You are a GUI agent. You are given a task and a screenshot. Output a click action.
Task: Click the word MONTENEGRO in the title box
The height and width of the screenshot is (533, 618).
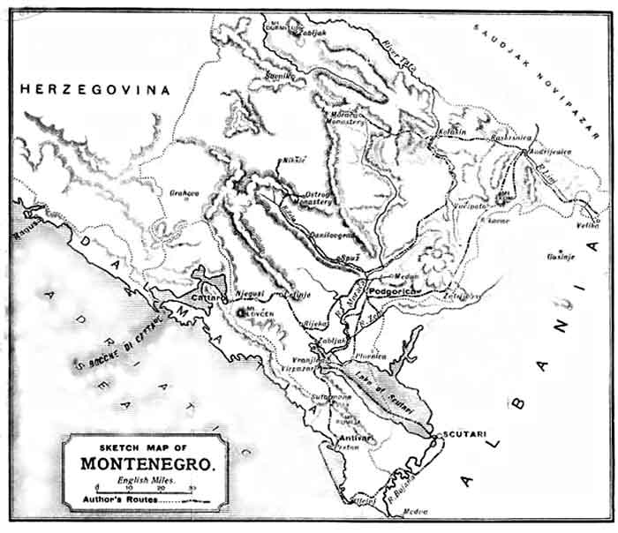(x=145, y=462)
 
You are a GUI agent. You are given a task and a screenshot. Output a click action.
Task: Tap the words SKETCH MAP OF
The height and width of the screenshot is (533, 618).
(x=145, y=447)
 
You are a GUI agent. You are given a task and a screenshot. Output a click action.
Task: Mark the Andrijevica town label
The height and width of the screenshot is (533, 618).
(x=552, y=151)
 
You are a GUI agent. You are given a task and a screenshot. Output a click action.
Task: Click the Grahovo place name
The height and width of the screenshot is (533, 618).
(x=185, y=191)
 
